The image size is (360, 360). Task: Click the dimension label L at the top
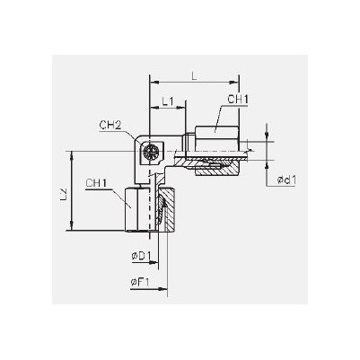pyautogui.click(x=194, y=76)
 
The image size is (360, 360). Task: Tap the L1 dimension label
pyautogui.click(x=168, y=101)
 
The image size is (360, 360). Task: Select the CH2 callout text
pyautogui.click(x=110, y=126)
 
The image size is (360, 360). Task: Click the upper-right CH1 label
pyautogui.click(x=238, y=100)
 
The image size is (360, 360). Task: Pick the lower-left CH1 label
pyautogui.click(x=96, y=183)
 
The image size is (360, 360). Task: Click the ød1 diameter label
pyautogui.click(x=287, y=180)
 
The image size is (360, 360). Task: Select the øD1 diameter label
pyautogui.click(x=142, y=256)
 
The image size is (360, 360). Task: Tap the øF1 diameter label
pyautogui.click(x=140, y=282)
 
